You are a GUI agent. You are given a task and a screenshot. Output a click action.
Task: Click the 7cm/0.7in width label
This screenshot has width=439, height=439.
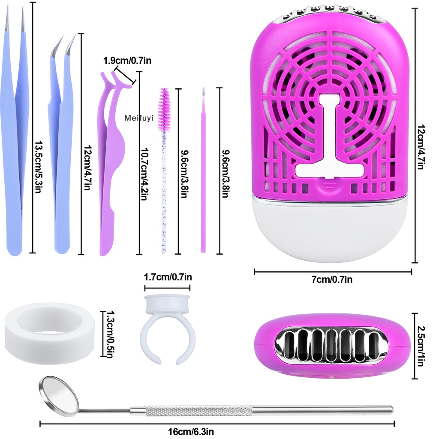point(332,280)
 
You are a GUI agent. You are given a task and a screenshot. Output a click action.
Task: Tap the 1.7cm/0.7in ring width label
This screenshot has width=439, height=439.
point(167,277)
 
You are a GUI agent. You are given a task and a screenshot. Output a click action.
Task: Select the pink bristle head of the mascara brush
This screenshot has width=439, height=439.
point(163,107)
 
